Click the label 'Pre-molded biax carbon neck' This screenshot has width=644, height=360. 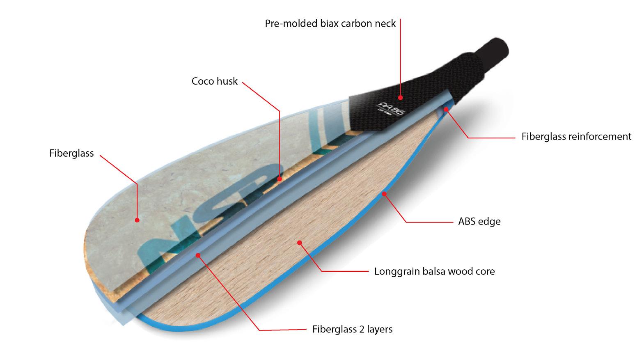coord(330,23)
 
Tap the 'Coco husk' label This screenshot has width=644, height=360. coord(214,81)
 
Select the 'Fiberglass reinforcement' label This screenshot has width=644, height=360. coord(576,137)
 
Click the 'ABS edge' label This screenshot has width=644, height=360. coord(479,222)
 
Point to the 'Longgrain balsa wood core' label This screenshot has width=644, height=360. coord(434,271)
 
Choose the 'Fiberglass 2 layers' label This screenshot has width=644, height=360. coord(352,329)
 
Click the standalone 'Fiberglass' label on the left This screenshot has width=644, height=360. coord(71,154)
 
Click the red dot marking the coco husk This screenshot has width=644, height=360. coord(280,179)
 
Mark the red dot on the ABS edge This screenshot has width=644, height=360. coord(384,193)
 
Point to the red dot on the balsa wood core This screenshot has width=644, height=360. coord(299,243)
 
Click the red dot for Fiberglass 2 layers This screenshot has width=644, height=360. coord(197,255)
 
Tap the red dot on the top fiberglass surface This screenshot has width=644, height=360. coord(137,220)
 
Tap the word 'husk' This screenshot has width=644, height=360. coord(227,81)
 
